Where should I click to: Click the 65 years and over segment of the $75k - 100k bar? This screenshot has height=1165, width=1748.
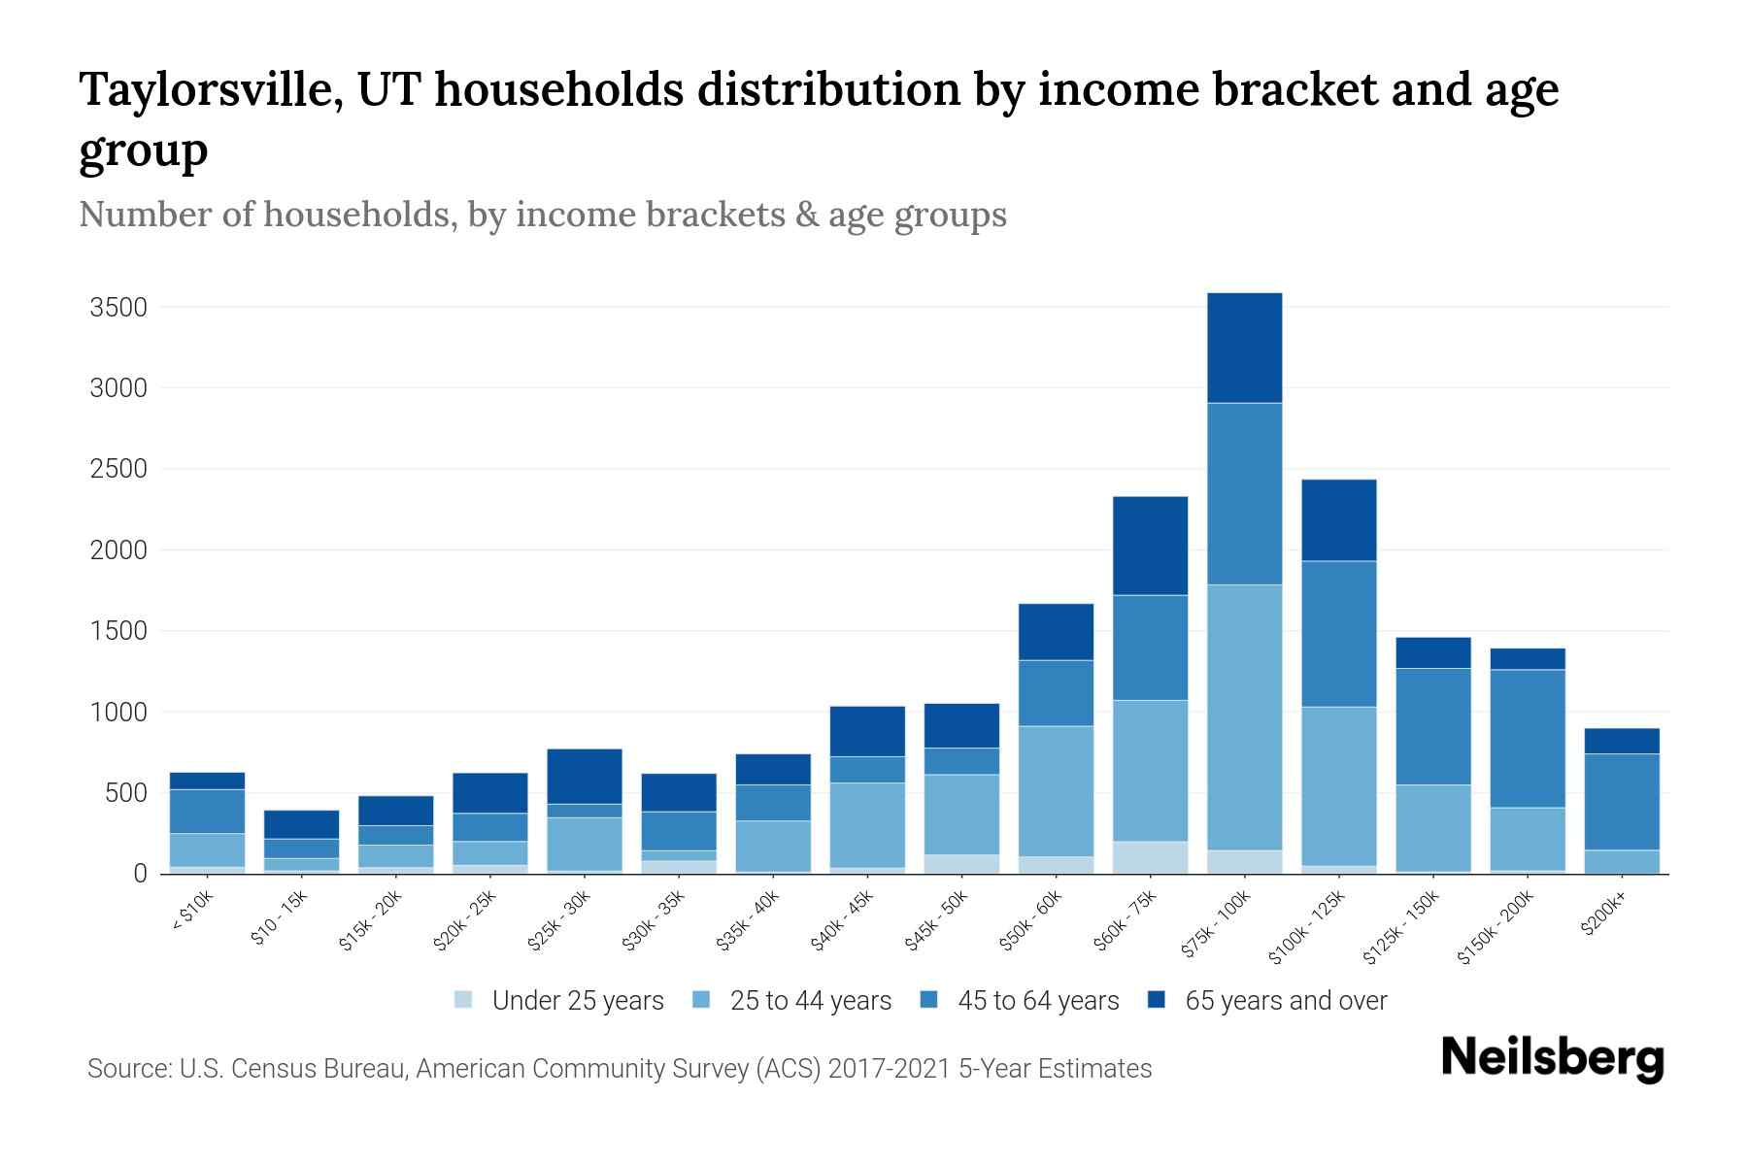point(1245,348)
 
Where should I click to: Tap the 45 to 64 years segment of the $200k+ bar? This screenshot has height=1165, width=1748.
point(1622,802)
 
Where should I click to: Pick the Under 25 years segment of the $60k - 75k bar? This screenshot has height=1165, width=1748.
point(1151,857)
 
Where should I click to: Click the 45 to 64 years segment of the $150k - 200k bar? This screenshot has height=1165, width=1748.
point(1528,738)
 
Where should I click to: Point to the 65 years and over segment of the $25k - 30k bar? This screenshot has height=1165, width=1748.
point(585,776)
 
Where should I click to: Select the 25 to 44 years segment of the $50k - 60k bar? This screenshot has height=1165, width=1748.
point(1057,790)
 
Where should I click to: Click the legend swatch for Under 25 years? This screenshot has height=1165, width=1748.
point(464,1000)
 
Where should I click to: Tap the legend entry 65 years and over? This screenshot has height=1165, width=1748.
point(1286,1000)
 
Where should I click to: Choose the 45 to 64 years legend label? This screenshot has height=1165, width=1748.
point(1038,1000)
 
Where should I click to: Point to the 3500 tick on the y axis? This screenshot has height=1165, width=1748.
point(118,308)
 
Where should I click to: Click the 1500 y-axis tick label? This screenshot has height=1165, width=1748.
point(118,631)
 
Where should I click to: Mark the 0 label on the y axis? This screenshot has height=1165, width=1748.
point(140,874)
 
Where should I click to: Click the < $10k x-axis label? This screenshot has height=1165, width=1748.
point(192,913)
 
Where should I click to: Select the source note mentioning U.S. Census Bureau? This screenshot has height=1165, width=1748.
point(620,1069)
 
